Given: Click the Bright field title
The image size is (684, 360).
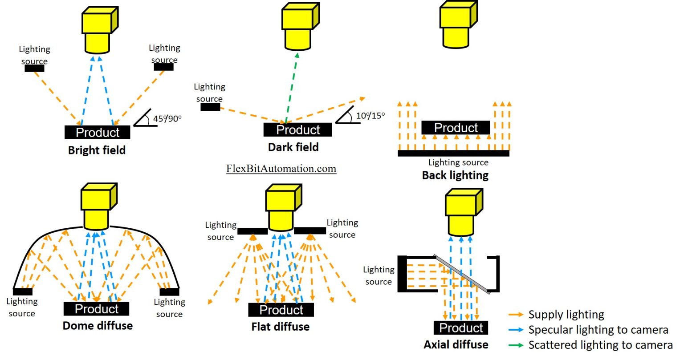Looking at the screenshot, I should (97, 150).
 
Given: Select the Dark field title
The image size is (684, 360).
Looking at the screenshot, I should (293, 147).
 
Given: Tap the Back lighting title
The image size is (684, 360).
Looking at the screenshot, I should (455, 175).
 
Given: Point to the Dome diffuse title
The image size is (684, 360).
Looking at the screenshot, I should (98, 326).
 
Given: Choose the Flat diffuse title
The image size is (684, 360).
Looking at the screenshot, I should (280, 327).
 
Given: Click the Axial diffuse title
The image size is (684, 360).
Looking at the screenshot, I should (456, 344).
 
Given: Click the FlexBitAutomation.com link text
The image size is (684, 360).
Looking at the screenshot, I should (281, 169).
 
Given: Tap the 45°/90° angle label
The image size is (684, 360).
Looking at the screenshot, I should (167, 119).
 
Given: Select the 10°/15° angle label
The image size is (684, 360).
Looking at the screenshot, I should (370, 116).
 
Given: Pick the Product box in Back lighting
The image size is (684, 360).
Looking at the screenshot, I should (456, 128).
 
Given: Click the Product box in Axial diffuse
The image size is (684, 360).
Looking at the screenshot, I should (461, 328).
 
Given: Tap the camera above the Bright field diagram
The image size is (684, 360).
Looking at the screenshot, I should (99, 30).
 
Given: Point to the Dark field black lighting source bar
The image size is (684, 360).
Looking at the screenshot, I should (210, 107).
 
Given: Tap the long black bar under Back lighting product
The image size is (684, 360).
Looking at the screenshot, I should (453, 153).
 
